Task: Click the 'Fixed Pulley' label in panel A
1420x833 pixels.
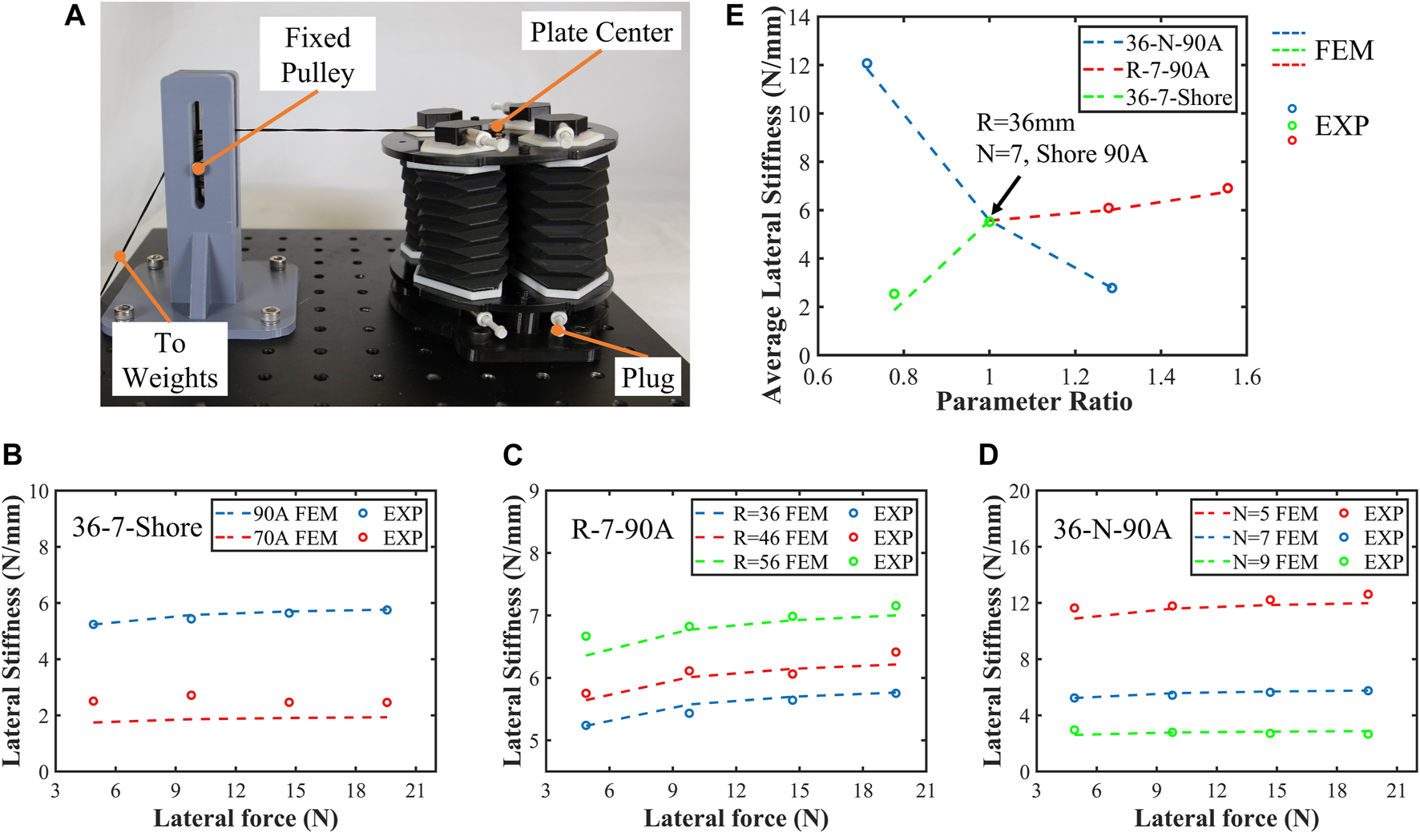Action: [x=317, y=55]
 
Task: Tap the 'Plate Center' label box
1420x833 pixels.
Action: [x=601, y=32]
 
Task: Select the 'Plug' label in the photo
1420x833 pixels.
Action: [x=647, y=377]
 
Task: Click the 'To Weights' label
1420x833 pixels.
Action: [x=170, y=360]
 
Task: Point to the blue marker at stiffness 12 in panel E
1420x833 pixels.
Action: [x=866, y=63]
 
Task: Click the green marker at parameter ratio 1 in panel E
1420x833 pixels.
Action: [x=990, y=221]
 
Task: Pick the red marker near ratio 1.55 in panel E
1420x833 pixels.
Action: [x=1228, y=188]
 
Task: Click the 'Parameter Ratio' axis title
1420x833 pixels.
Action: [x=1034, y=401]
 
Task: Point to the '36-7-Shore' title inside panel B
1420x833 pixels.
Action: [x=137, y=527]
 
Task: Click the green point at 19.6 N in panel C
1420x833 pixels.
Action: [x=895, y=606]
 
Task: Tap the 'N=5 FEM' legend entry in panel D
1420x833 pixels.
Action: [x=1274, y=514]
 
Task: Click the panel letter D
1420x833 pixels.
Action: [x=988, y=455]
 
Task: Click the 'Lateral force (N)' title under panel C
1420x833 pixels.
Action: [x=736, y=818]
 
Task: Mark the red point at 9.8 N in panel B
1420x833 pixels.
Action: [x=191, y=695]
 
